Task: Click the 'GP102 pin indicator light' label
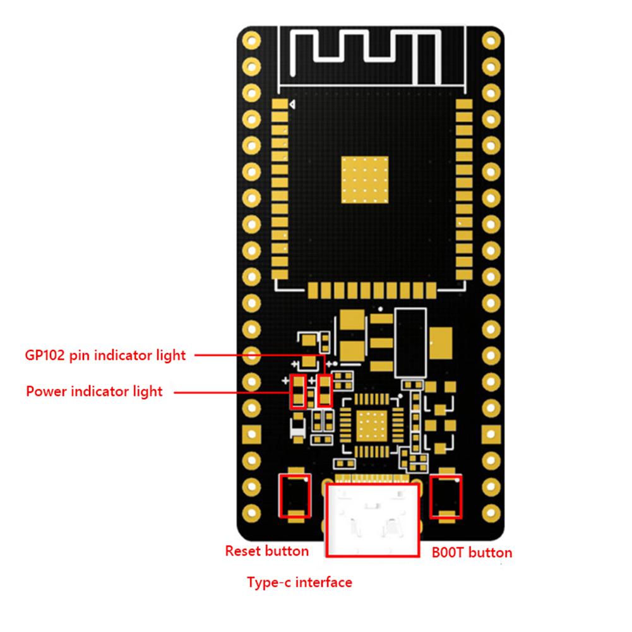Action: coord(105,355)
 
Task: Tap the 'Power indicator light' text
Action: coord(94,391)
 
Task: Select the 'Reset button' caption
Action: coord(267,551)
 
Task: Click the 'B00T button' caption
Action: coord(472,553)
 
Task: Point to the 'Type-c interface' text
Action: coord(299,582)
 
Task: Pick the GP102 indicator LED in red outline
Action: coord(325,391)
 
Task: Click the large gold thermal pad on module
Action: coord(365,181)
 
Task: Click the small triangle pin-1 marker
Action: coord(292,105)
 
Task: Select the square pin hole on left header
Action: coord(251,434)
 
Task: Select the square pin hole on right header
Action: coord(491,434)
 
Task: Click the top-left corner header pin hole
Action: coord(251,40)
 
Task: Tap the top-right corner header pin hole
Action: coord(491,40)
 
